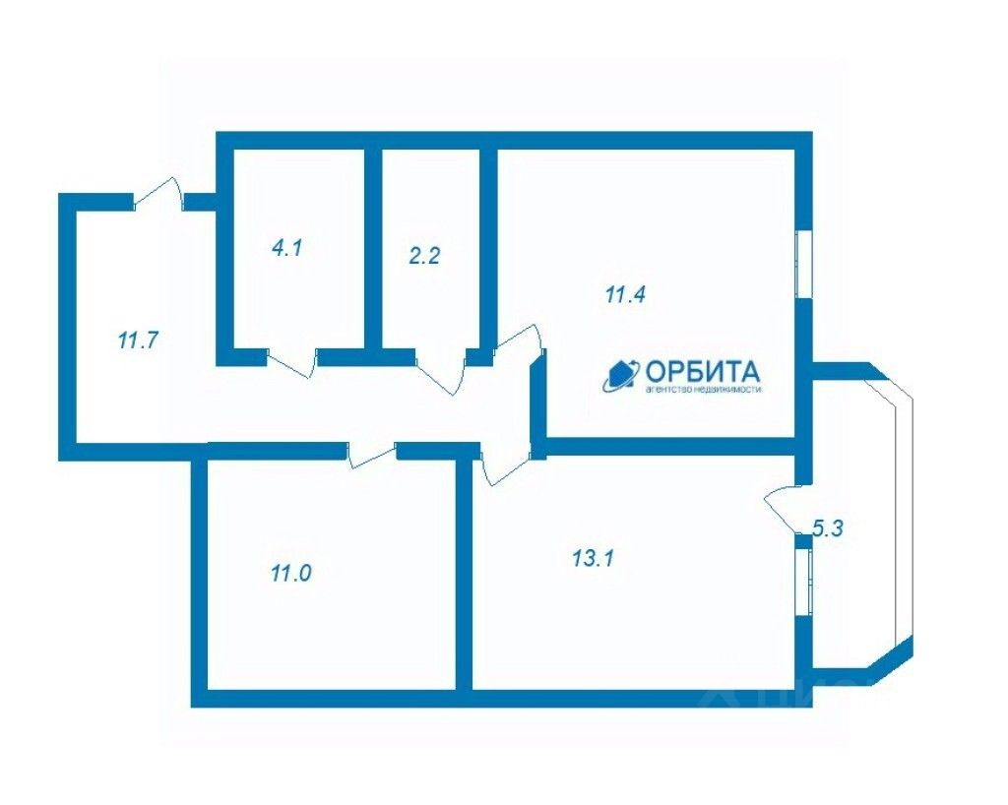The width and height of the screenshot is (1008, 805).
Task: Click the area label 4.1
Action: click(x=286, y=248)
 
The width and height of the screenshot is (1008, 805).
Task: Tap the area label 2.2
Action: click(x=424, y=257)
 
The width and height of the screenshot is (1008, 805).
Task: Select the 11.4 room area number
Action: click(x=624, y=293)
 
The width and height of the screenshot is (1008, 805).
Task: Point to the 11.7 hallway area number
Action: click(x=139, y=341)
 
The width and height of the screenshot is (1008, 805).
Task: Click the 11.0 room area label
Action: click(x=290, y=572)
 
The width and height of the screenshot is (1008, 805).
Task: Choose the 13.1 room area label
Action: click(x=594, y=558)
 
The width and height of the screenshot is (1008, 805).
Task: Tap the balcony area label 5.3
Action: click(x=828, y=528)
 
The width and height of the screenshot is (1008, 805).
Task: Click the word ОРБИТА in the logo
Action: click(x=702, y=371)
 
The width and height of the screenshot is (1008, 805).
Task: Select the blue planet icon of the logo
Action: click(x=621, y=374)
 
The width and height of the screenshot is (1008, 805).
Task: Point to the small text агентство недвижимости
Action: click(x=703, y=390)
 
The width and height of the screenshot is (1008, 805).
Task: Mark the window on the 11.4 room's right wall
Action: click(x=803, y=262)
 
